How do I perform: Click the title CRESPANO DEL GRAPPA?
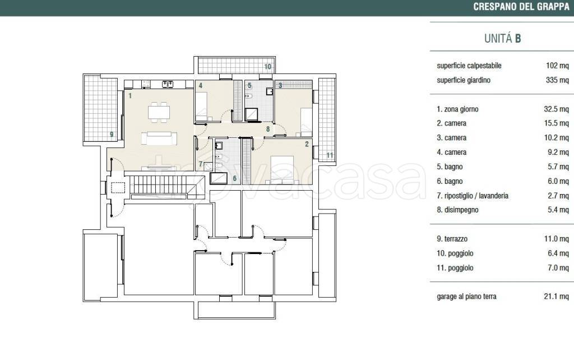[521, 7]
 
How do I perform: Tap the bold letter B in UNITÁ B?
[517, 39]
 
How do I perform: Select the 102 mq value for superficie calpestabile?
[557, 66]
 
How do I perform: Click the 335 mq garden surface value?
[557, 80]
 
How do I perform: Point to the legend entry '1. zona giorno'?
[457, 109]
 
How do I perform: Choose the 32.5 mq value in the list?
[556, 109]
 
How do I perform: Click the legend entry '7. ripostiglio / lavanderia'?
[472, 196]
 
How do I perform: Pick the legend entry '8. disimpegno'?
[457, 210]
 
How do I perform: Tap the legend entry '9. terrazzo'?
[452, 239]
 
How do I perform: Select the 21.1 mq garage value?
[556, 296]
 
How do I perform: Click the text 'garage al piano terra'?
[466, 297]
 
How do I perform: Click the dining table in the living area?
[159, 112]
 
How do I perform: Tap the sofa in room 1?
[159, 139]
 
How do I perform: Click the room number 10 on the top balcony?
[267, 67]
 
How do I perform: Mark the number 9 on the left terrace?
[112, 135]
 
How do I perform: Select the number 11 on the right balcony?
[330, 155]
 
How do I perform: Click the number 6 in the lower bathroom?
[235, 179]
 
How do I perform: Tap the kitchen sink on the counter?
[167, 85]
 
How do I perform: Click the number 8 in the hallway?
[268, 129]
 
